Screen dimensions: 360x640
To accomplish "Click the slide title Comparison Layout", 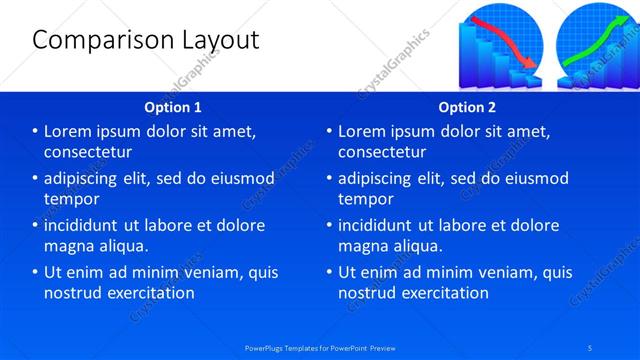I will click(146, 40).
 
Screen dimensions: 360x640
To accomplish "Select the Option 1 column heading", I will click(173, 106).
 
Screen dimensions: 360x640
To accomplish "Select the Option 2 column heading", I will click(467, 106).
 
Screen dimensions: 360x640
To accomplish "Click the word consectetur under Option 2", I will click(382, 152).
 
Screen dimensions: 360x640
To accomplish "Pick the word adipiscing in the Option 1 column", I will click(86, 179).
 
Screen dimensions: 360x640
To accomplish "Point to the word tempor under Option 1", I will click(70, 199).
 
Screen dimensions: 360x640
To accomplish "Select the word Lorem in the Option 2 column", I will click(364, 132).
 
